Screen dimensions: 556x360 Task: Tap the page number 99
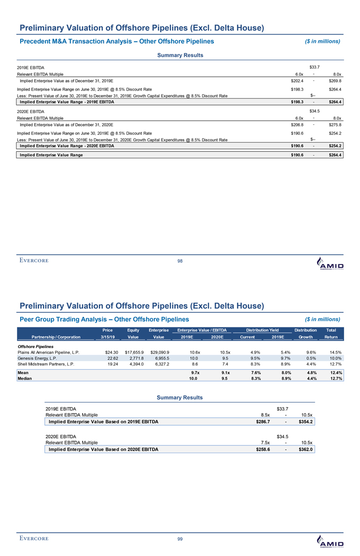180,539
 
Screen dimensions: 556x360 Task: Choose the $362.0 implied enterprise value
305,450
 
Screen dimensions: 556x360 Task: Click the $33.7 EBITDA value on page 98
314,67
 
